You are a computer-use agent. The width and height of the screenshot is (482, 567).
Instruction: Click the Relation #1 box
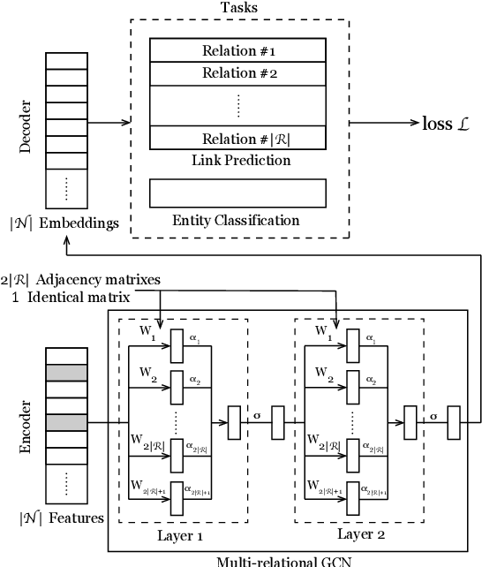coord(239,50)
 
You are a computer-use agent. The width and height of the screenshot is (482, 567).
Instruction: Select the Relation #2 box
coord(239,73)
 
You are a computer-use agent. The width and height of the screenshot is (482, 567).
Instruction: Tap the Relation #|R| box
coord(239,139)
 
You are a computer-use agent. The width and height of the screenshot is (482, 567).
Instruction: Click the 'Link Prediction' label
coord(240,161)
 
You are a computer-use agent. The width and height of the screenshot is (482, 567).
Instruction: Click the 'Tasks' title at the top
coord(240,7)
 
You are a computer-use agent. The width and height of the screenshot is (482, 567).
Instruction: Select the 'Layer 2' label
coord(362,535)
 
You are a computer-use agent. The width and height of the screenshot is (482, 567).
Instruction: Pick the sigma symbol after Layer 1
coord(257,413)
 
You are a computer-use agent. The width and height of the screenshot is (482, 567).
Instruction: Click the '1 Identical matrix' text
coord(72,298)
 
